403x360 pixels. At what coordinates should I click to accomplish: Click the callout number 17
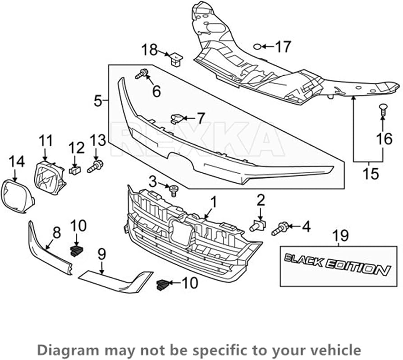pyautogui.click(x=283, y=46)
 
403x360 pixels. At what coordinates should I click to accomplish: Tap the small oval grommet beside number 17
pyautogui.click(x=257, y=46)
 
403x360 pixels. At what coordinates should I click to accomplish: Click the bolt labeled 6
pyautogui.click(x=142, y=74)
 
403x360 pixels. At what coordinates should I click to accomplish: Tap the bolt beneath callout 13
pyautogui.click(x=95, y=166)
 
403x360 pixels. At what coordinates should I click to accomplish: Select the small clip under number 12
pyautogui.click(x=75, y=170)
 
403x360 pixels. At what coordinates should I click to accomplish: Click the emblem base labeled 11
pyautogui.click(x=50, y=177)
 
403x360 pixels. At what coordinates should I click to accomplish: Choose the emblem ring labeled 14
pyautogui.click(x=18, y=197)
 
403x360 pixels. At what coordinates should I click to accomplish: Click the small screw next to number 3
pyautogui.click(x=174, y=190)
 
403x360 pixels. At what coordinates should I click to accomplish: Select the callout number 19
pyautogui.click(x=341, y=235)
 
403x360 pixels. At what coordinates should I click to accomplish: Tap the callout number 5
pyautogui.click(x=98, y=101)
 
